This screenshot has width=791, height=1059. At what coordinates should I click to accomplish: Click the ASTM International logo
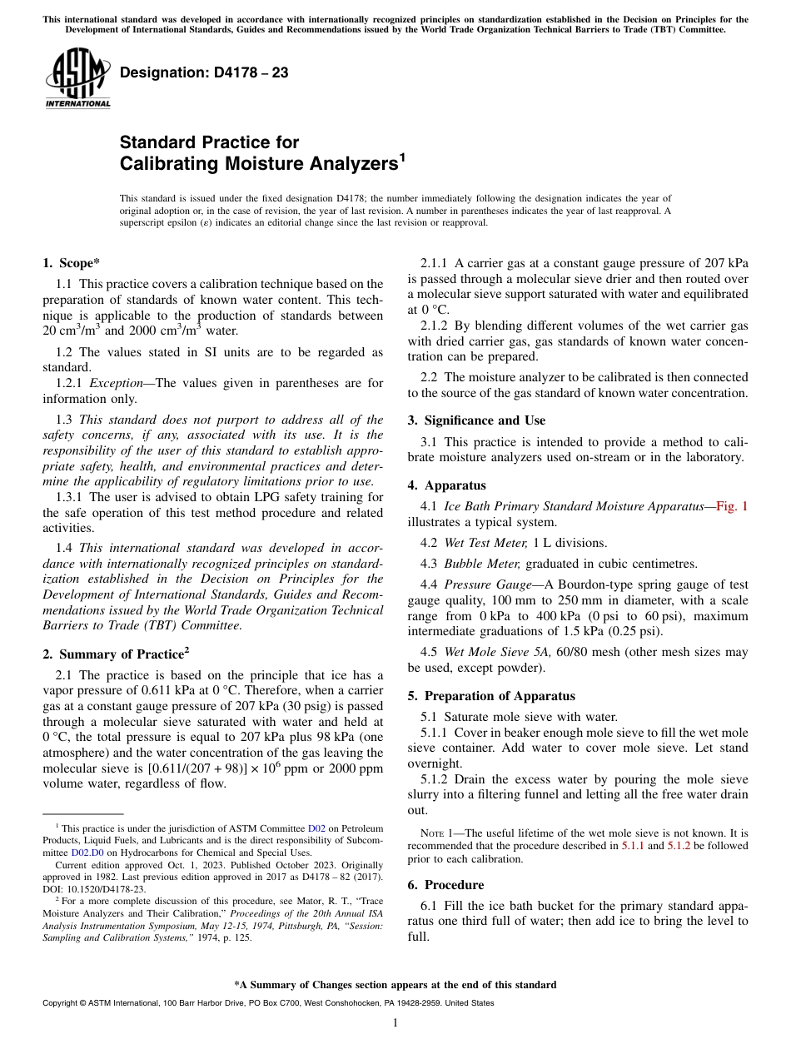pos(77,78)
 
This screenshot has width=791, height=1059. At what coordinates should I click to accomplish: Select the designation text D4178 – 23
pos(204,73)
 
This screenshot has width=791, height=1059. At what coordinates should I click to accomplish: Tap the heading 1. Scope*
pos(71,263)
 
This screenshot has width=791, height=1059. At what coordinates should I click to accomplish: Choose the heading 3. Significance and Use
pos(476,420)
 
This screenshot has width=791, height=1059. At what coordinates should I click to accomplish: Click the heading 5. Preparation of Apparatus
pos(491,696)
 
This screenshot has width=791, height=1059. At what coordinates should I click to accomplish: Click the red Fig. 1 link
pos(732,506)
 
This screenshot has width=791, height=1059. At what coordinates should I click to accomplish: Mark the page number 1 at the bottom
pos(395,1023)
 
